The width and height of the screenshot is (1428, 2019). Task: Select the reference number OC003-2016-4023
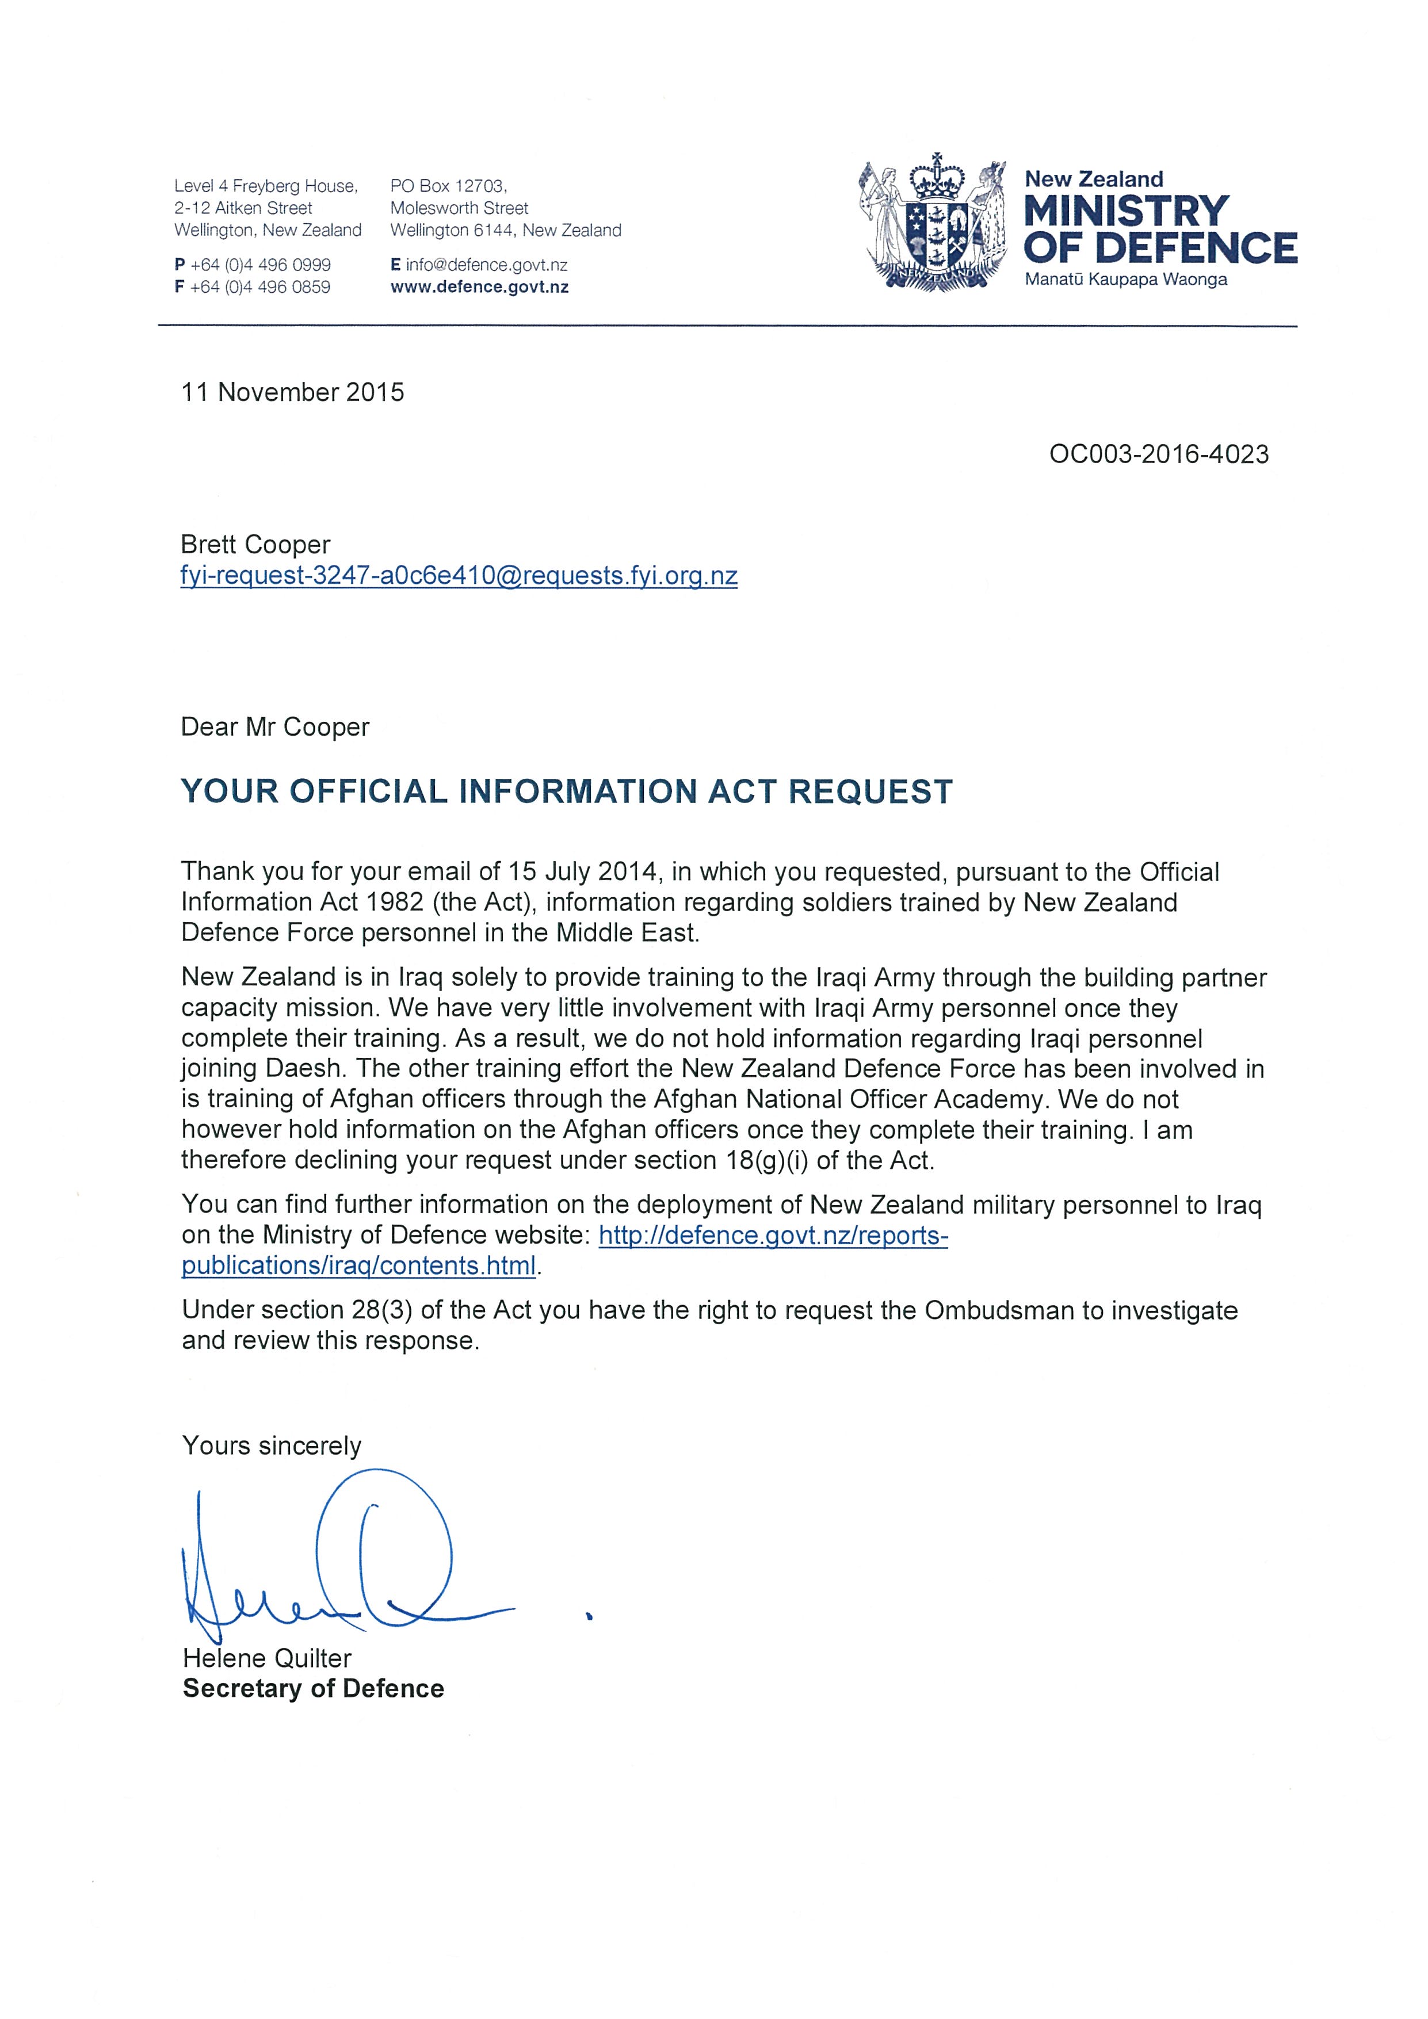tap(1158, 454)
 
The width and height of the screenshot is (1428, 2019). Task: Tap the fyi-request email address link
tap(458, 576)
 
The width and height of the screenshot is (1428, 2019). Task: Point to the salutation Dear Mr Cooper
tap(274, 727)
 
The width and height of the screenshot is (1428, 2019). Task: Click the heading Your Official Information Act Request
tap(566, 791)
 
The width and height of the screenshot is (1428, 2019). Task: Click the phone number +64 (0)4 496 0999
tap(260, 265)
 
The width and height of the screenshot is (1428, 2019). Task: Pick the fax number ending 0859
tap(260, 286)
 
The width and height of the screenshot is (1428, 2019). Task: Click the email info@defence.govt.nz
tap(486, 265)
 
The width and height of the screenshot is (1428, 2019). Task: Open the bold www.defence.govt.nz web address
tap(479, 286)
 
